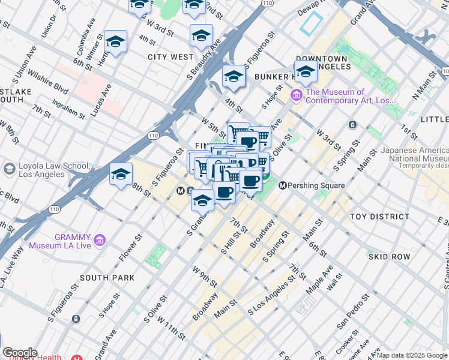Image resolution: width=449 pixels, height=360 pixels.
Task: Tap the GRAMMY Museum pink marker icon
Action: [100, 241]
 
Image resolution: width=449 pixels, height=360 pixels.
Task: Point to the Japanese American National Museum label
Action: [414, 154]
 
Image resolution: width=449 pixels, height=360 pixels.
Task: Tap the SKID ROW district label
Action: [390, 257]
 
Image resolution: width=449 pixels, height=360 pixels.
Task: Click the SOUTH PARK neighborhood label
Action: [107, 278]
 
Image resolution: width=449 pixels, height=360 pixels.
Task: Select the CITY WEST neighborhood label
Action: [170, 57]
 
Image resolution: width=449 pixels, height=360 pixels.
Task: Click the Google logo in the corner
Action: [19, 353]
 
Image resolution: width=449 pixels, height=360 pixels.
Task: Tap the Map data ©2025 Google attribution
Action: [412, 355]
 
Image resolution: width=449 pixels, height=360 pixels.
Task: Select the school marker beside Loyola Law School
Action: [121, 174]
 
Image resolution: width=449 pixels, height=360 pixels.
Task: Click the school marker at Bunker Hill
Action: [306, 71]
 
